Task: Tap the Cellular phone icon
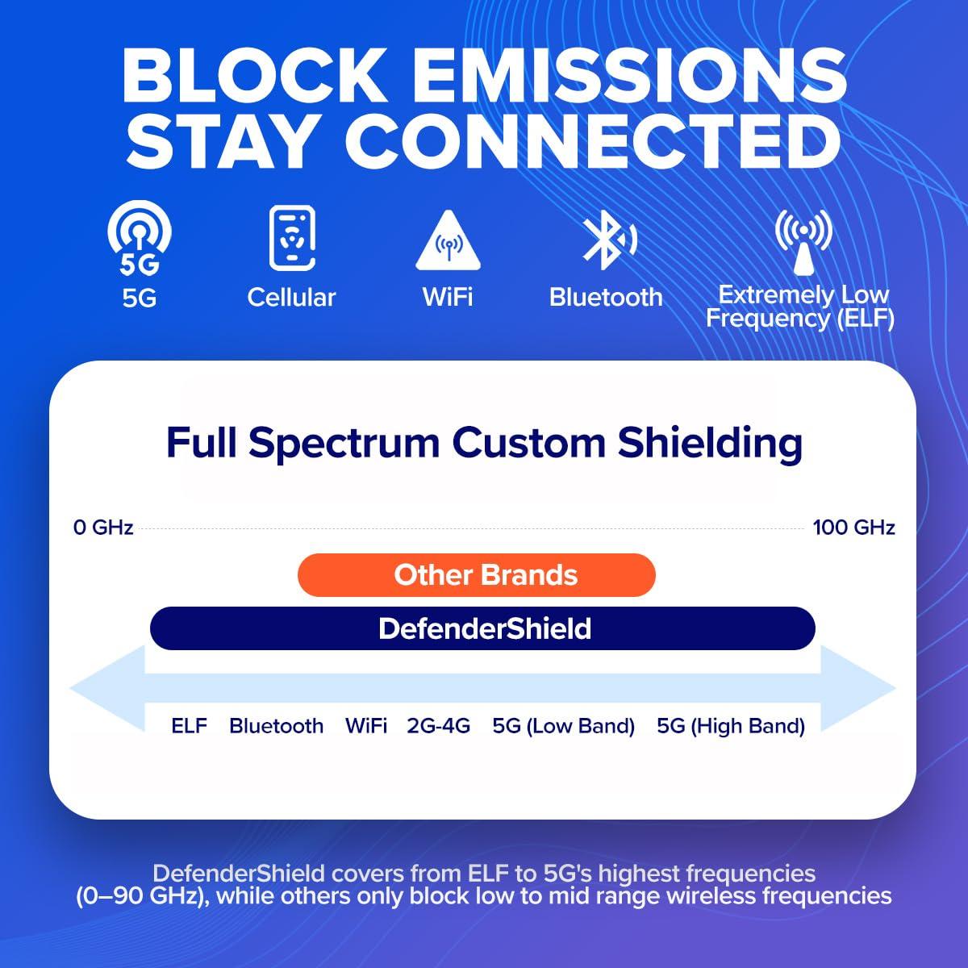click(x=291, y=238)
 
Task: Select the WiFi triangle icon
click(x=448, y=240)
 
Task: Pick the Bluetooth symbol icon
click(x=607, y=240)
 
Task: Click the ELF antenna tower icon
click(x=803, y=241)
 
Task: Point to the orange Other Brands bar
click(x=476, y=575)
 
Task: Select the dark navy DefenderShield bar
click(x=482, y=628)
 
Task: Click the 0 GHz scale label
click(x=103, y=528)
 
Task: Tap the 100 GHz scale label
click(x=853, y=528)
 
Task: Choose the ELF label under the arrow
click(x=189, y=726)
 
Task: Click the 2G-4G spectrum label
click(x=438, y=726)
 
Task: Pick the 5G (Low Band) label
click(x=563, y=726)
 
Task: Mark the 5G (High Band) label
click(x=731, y=726)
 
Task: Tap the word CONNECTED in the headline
click(x=593, y=140)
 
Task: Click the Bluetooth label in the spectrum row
click(x=276, y=726)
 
